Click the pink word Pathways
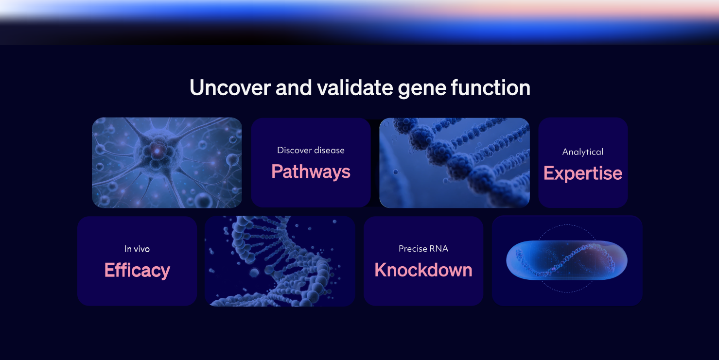click(311, 171)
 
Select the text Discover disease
click(311, 150)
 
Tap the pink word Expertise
click(582, 173)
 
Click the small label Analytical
click(582, 152)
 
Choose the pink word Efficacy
click(137, 270)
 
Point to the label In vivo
click(137, 249)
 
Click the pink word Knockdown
click(423, 270)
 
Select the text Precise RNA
click(423, 249)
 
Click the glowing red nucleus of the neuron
click(157, 152)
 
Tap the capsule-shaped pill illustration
click(567, 260)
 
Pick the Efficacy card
click(137, 291)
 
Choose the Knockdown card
click(423, 291)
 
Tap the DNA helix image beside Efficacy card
click(280, 261)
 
